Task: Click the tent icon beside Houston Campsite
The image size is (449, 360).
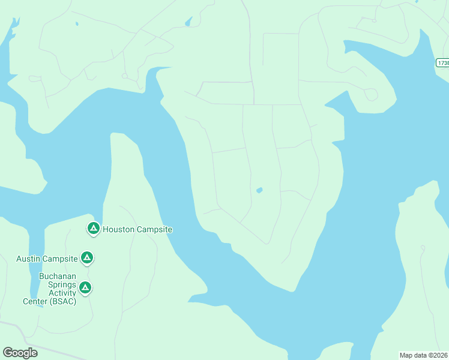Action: tap(93, 228)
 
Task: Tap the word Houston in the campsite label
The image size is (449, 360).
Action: tap(119, 229)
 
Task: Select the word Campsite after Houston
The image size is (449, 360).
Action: tap(155, 229)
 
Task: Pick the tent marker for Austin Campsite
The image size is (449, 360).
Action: tap(87, 258)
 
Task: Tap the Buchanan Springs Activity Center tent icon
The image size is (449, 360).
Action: tap(85, 288)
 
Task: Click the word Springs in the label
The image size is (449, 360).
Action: tap(58, 285)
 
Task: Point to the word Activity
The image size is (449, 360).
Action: tap(58, 293)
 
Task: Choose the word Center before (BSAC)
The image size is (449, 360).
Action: tap(35, 301)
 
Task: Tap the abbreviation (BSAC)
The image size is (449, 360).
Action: tap(64, 301)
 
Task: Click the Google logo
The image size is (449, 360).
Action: tap(20, 353)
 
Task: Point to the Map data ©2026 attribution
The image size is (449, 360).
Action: tap(424, 355)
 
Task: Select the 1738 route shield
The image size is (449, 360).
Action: tap(443, 63)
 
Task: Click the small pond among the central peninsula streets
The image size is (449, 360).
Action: tap(259, 190)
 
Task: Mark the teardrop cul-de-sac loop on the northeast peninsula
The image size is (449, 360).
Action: tap(371, 94)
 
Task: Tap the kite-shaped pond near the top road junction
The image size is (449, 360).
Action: tap(189, 22)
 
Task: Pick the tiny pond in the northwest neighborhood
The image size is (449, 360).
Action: tap(77, 24)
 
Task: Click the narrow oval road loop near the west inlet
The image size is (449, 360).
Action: tap(35, 79)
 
